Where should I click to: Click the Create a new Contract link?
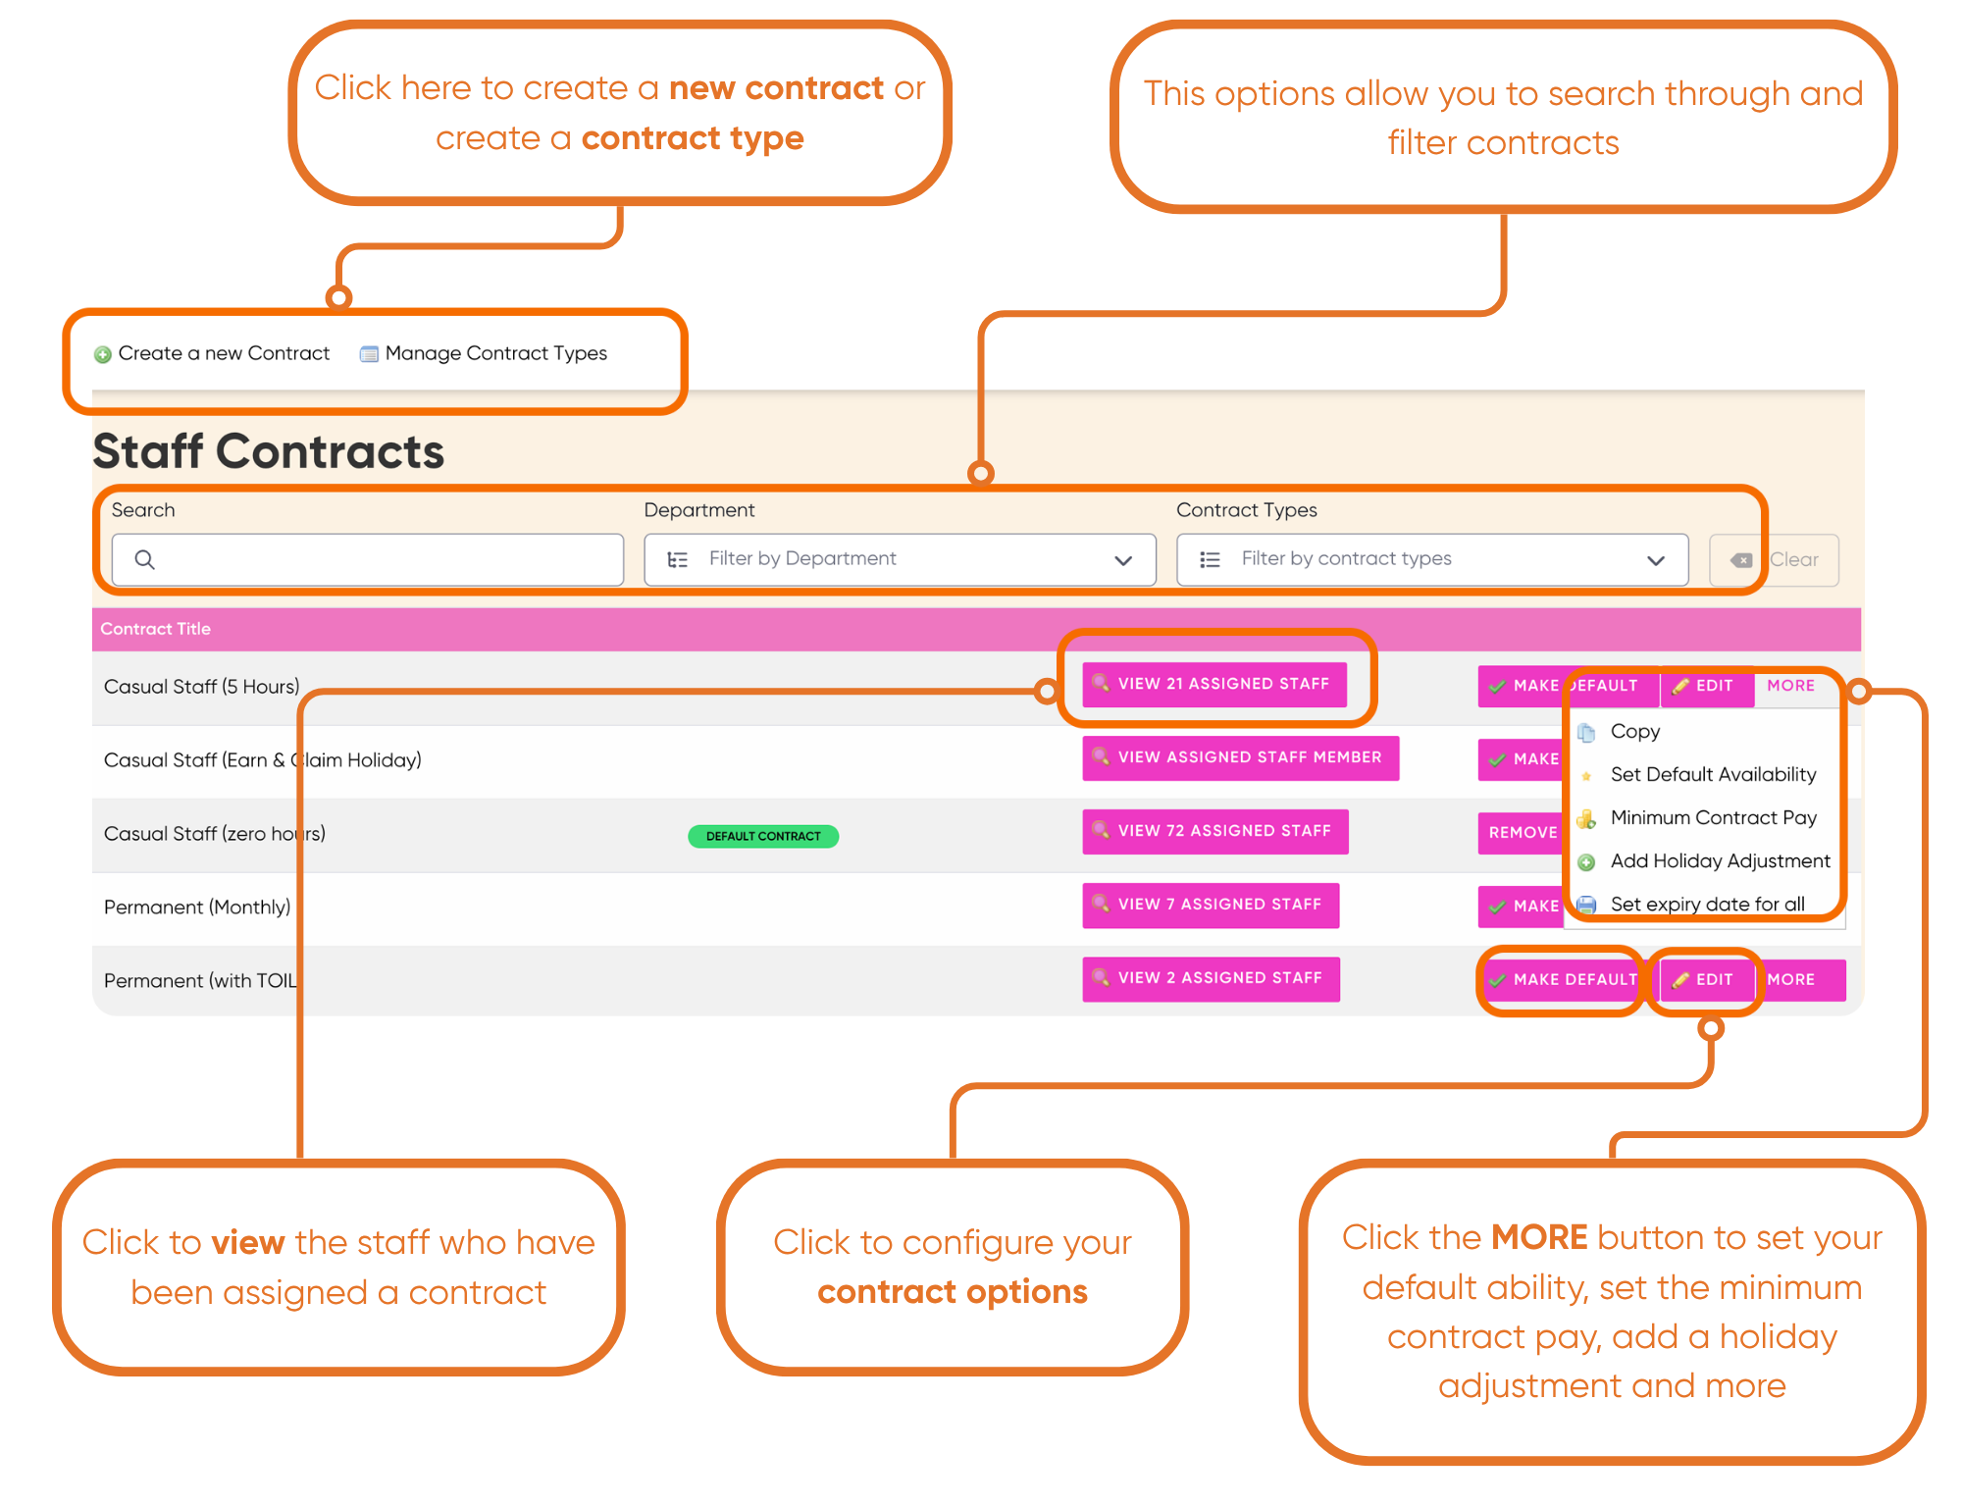[x=212, y=353]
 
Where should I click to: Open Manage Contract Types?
[x=484, y=353]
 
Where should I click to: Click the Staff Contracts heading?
[x=269, y=451]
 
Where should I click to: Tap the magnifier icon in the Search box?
[x=144, y=559]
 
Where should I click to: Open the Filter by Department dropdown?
[x=900, y=559]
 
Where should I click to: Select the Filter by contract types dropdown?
[x=1432, y=559]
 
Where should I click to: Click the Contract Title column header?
[x=156, y=629]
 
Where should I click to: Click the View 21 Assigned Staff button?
[x=1214, y=684]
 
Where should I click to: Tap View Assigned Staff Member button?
[x=1241, y=757]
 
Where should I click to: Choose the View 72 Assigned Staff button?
[x=1215, y=831]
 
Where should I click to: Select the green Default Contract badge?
[x=763, y=836]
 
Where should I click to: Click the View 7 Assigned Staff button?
[x=1211, y=905]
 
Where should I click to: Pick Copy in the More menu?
[x=1635, y=731]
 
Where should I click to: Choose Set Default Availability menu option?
[x=1713, y=774]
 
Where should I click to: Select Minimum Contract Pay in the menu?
[x=1713, y=817]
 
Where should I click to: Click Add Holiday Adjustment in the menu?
[x=1720, y=860]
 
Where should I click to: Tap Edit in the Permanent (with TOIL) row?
[x=1706, y=979]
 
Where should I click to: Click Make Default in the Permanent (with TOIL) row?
[x=1562, y=979]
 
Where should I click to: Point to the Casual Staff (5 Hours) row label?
[x=202, y=687]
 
